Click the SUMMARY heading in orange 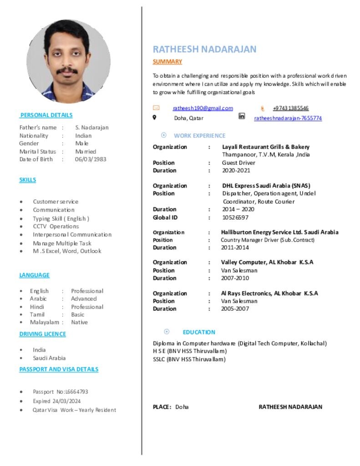pyautogui.click(x=167, y=61)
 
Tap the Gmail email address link pyautogui.click(x=203, y=108)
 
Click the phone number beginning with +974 pyautogui.click(x=290, y=108)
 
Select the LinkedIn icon pyautogui.click(x=242, y=116)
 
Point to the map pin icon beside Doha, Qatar pyautogui.click(x=154, y=117)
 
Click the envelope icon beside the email pyautogui.click(x=156, y=108)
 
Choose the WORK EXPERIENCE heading pyautogui.click(x=199, y=136)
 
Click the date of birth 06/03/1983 pyautogui.click(x=91, y=159)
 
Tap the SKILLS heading pyautogui.click(x=27, y=180)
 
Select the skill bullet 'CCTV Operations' pyautogui.click(x=56, y=226)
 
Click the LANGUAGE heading pyautogui.click(x=34, y=275)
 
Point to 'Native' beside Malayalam pyautogui.click(x=79, y=322)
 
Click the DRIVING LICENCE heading pyautogui.click(x=42, y=334)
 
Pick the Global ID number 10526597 pyautogui.click(x=235, y=218)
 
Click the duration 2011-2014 pyautogui.click(x=235, y=248)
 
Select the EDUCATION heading pyautogui.click(x=199, y=332)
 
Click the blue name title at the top pyautogui.click(x=204, y=49)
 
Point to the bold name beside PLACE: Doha pyautogui.click(x=290, y=407)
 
